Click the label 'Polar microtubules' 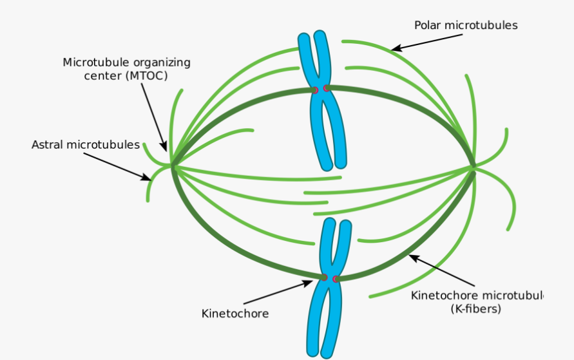[466, 26]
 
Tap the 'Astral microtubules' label [86, 145]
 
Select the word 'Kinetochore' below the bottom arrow [235, 314]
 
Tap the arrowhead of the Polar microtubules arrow [395, 48]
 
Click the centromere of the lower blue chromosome [330, 278]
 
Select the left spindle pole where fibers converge [172, 166]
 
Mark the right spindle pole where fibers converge [474, 166]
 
